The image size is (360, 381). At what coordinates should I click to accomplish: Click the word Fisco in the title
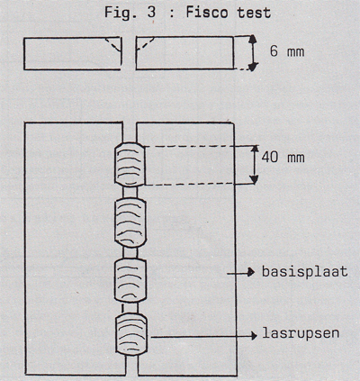pyautogui.click(x=208, y=13)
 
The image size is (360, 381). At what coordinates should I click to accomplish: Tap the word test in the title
pyautogui.click(x=254, y=14)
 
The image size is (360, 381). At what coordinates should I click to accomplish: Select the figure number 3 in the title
pyautogui.click(x=152, y=13)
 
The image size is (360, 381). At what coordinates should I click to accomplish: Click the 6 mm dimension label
pyautogui.click(x=287, y=51)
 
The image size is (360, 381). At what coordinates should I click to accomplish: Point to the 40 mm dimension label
pyautogui.click(x=283, y=158)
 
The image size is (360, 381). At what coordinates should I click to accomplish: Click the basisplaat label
pyautogui.click(x=305, y=272)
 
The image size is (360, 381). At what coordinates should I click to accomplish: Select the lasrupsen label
pyautogui.click(x=301, y=333)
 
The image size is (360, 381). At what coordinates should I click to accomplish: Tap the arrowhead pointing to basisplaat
pyautogui.click(x=251, y=273)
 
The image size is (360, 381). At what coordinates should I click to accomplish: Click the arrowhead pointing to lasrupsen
pyautogui.click(x=254, y=336)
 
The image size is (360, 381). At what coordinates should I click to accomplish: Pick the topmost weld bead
pyautogui.click(x=130, y=165)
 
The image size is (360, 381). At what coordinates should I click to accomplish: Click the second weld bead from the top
pyautogui.click(x=130, y=222)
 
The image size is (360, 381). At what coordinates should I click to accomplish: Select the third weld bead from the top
pyautogui.click(x=130, y=280)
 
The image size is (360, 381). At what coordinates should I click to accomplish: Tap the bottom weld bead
pyautogui.click(x=131, y=334)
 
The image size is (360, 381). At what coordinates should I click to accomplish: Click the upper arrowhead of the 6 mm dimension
pyautogui.click(x=253, y=40)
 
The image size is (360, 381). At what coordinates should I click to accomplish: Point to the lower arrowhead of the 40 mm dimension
pyautogui.click(x=255, y=179)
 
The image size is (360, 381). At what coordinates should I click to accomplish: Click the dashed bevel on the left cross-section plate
pyautogui.click(x=113, y=44)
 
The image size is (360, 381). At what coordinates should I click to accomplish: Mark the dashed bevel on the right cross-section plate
pyautogui.click(x=145, y=44)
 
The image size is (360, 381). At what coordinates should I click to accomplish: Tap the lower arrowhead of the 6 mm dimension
pyautogui.click(x=253, y=67)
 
